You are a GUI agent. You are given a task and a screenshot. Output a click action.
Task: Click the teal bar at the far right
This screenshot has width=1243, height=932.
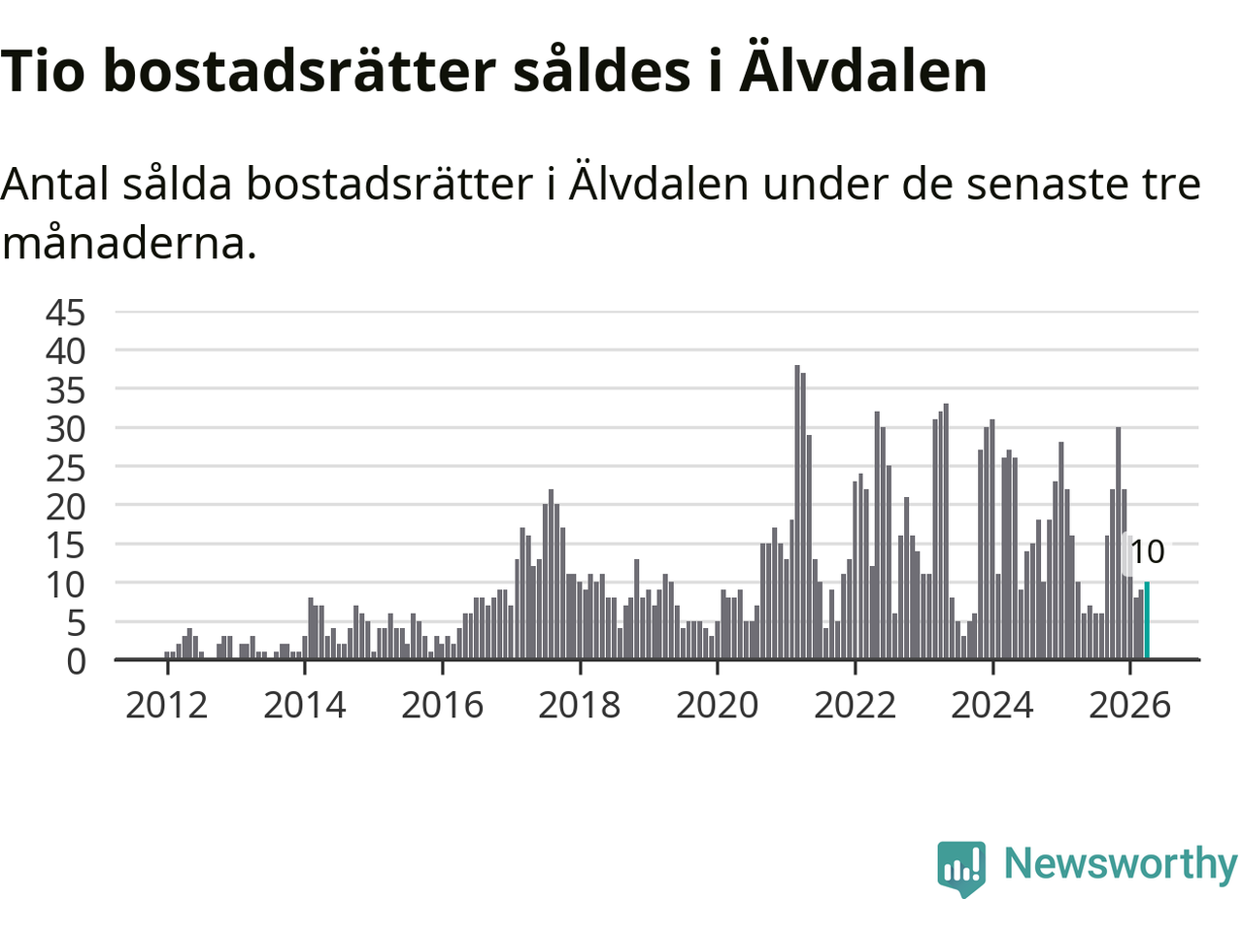(x=1147, y=620)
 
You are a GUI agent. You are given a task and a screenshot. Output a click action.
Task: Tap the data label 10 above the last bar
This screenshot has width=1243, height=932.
(x=1147, y=551)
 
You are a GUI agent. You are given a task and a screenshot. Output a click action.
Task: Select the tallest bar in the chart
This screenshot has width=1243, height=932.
(x=797, y=513)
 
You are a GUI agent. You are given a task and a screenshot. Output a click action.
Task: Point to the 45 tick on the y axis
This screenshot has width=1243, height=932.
(x=66, y=313)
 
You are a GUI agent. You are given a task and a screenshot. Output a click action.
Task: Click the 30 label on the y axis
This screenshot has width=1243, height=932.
(x=66, y=429)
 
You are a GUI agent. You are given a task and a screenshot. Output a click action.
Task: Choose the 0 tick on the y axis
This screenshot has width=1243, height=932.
(x=76, y=661)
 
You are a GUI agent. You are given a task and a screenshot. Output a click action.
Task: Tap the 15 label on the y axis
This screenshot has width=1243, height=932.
(x=66, y=546)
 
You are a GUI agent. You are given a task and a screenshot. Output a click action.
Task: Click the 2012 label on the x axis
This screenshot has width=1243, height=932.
(x=166, y=705)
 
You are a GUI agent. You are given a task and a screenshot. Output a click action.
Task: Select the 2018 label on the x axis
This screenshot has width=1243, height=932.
(x=580, y=705)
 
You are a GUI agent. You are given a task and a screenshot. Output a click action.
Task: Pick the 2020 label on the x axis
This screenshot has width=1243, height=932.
(x=717, y=705)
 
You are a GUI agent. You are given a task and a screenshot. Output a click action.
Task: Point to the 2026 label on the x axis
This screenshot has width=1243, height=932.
(x=1129, y=705)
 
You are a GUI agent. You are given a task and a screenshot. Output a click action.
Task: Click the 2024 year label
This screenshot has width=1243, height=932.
(x=992, y=705)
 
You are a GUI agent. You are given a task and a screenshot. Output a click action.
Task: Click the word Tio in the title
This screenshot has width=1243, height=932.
(x=43, y=71)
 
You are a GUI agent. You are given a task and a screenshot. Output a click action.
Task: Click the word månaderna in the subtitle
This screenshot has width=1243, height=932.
(x=129, y=244)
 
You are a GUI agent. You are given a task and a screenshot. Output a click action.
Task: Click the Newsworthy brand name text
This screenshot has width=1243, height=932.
(x=1121, y=865)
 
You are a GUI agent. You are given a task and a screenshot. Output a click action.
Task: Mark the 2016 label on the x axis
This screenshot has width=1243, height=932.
(x=442, y=705)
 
